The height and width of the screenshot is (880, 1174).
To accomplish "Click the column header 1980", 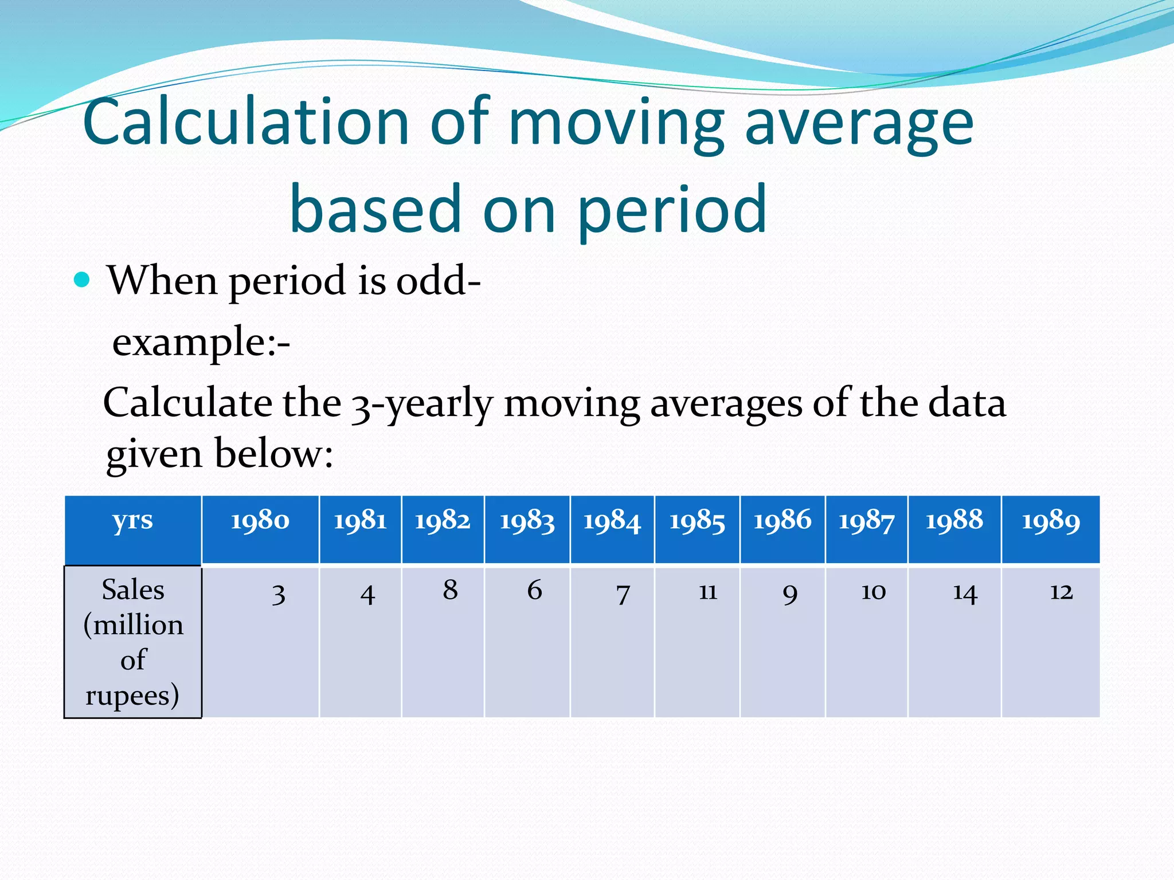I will [260, 521].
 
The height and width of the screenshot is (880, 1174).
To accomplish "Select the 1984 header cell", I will [612, 521].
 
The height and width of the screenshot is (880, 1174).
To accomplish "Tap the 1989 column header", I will [1051, 521].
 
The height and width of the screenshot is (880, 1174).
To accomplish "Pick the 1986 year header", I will [782, 521].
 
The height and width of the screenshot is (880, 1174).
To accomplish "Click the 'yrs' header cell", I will [132, 521].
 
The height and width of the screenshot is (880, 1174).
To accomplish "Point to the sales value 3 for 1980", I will [279, 594].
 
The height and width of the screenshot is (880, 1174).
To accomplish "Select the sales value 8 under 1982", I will [450, 590].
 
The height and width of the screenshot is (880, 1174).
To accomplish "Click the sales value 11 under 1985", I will [708, 591].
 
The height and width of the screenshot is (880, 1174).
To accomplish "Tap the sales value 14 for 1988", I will [965, 593].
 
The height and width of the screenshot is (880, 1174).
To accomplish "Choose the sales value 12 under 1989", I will [1061, 591].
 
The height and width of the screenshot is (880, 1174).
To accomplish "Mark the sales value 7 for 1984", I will [623, 594].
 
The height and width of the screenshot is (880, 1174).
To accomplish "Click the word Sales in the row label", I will [133, 590].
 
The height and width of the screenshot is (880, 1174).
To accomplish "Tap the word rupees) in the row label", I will [132, 696].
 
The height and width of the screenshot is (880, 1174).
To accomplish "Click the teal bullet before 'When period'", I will [83, 280].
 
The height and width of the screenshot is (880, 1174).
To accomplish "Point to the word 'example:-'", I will [201, 342].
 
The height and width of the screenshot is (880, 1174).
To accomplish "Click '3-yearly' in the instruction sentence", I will [422, 404].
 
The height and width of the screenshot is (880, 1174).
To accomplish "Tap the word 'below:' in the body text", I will [274, 454].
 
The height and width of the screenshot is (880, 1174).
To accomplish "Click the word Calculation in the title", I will [246, 122].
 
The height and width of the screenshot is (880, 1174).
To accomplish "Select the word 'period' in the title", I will [672, 209].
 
